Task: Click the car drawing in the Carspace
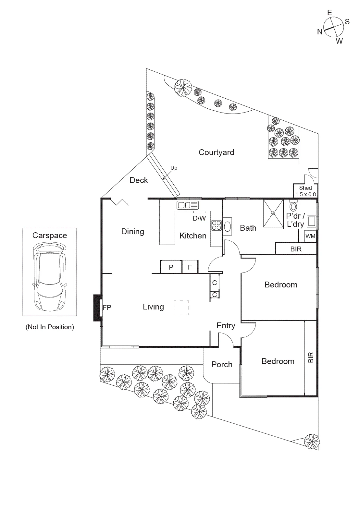[50, 276]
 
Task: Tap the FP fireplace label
[107, 308]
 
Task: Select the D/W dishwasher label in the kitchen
[199, 218]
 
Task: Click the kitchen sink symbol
[188, 205]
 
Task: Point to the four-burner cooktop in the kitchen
[216, 225]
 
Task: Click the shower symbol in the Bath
[273, 213]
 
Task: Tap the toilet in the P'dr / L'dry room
[293, 206]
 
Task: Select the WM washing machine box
[310, 236]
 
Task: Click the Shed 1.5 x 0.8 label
[305, 191]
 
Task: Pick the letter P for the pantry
[171, 267]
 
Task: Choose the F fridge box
[190, 267]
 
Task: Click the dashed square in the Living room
[181, 308]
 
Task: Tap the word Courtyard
[216, 152]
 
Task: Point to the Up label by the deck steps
[174, 168]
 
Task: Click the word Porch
[222, 365]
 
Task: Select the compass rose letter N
[320, 32]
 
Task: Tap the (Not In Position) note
[50, 327]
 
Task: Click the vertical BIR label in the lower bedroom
[311, 357]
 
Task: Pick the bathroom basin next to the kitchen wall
[228, 226]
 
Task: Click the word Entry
[226, 326]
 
